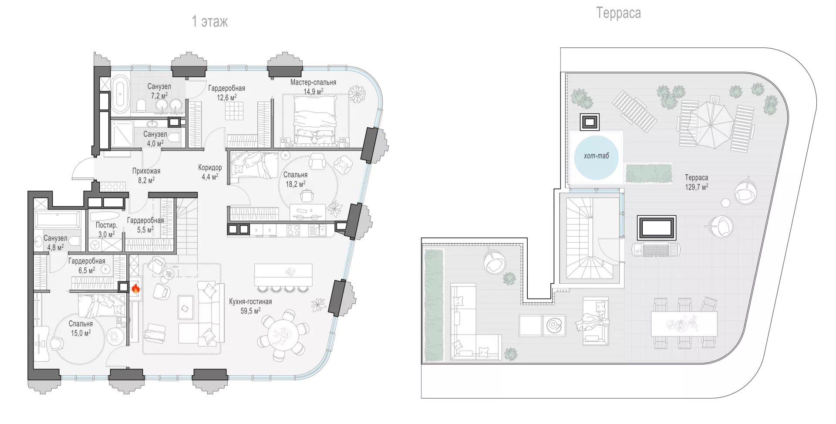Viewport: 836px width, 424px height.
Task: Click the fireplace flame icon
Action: pyautogui.click(x=135, y=288)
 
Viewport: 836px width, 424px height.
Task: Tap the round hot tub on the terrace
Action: pyautogui.click(x=596, y=158)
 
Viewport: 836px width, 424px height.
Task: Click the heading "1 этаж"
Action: pyautogui.click(x=210, y=21)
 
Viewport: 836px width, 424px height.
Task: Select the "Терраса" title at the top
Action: pyautogui.click(x=618, y=13)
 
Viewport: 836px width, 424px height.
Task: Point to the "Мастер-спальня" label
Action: pyautogui.click(x=313, y=82)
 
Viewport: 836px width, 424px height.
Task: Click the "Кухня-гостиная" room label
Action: pyautogui.click(x=250, y=302)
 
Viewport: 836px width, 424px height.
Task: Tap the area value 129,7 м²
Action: pyautogui.click(x=696, y=187)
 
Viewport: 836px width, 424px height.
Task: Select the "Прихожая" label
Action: pyautogui.click(x=146, y=171)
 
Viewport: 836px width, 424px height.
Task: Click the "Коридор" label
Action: pyautogui.click(x=210, y=167)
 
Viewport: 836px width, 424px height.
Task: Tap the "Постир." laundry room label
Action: pyautogui.click(x=106, y=225)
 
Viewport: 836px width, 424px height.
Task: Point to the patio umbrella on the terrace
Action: pyautogui.click(x=711, y=125)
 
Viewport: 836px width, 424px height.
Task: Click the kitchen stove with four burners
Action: pyautogui.click(x=293, y=230)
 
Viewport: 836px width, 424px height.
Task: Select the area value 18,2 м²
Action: pyautogui.click(x=295, y=184)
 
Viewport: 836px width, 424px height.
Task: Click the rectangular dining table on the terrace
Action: pyautogui.click(x=684, y=324)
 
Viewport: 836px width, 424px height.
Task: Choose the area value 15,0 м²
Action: pyautogui.click(x=81, y=333)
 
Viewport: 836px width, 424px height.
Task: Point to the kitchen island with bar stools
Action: pyautogui.click(x=283, y=278)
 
